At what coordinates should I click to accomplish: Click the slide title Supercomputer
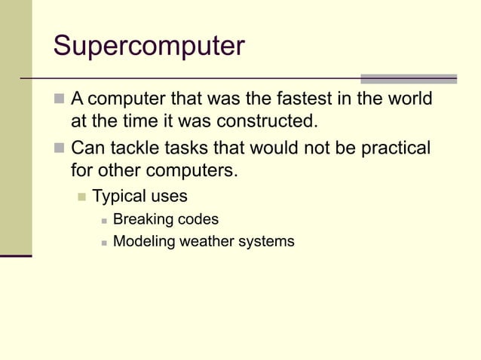click(149, 47)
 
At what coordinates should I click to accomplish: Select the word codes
click(199, 220)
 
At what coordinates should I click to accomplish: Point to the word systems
click(268, 242)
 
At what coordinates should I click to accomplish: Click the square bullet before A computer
click(60, 100)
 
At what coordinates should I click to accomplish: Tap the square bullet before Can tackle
click(60, 148)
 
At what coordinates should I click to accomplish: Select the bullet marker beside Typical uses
click(81, 197)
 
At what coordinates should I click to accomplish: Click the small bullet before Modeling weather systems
click(103, 243)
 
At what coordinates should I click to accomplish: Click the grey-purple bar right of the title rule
click(409, 78)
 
